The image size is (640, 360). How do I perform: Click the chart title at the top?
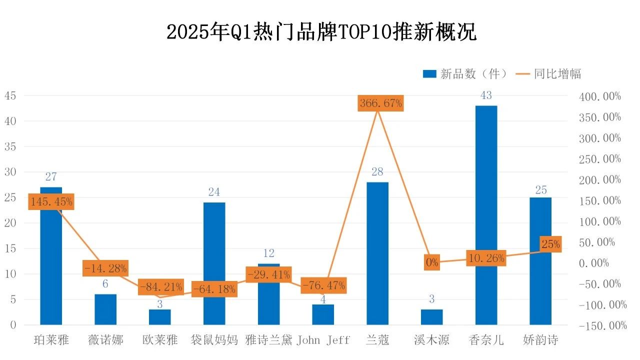321,31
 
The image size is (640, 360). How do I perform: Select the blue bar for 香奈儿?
486,215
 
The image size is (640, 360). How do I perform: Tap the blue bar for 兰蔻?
377,253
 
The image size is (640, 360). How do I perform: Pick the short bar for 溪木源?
431,317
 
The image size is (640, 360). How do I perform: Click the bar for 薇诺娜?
105,309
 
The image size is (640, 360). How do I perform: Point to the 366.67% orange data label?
381,103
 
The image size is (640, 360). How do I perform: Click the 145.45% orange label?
51,201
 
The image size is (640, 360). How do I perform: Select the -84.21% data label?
161,287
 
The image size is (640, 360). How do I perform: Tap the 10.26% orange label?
486,258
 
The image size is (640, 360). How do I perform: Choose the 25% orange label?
550,244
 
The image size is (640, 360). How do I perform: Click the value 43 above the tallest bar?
486,95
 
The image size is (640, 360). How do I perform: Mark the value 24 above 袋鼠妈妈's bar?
214,192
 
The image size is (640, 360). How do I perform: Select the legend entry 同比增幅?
548,73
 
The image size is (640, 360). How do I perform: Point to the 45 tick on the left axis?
10,95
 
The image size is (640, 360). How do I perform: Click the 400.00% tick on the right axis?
600,96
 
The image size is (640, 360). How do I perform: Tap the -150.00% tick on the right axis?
603,325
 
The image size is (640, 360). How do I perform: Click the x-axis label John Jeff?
323,340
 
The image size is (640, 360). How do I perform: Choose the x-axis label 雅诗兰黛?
269,340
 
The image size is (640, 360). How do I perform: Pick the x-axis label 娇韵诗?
540,340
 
